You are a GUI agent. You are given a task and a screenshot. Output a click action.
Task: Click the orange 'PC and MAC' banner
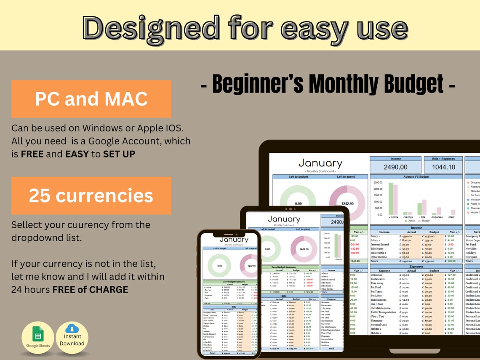[x=91, y=99]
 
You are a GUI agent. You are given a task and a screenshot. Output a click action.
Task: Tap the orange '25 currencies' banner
[x=91, y=196]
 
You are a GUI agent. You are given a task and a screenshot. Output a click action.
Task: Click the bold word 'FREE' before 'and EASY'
[x=32, y=154]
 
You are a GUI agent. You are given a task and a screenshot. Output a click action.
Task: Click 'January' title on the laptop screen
[x=320, y=163]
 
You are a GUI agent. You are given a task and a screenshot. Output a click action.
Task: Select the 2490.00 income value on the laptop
[x=395, y=167]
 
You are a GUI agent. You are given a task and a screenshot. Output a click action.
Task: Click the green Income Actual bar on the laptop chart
[x=391, y=198]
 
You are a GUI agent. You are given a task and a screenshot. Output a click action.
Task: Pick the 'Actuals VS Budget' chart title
[x=416, y=177]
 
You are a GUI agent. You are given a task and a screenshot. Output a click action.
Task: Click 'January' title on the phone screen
[x=234, y=240]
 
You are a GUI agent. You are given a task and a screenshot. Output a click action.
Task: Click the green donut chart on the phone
[x=219, y=266]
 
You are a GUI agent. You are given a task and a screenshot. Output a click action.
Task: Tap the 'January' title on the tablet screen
[x=284, y=219]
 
